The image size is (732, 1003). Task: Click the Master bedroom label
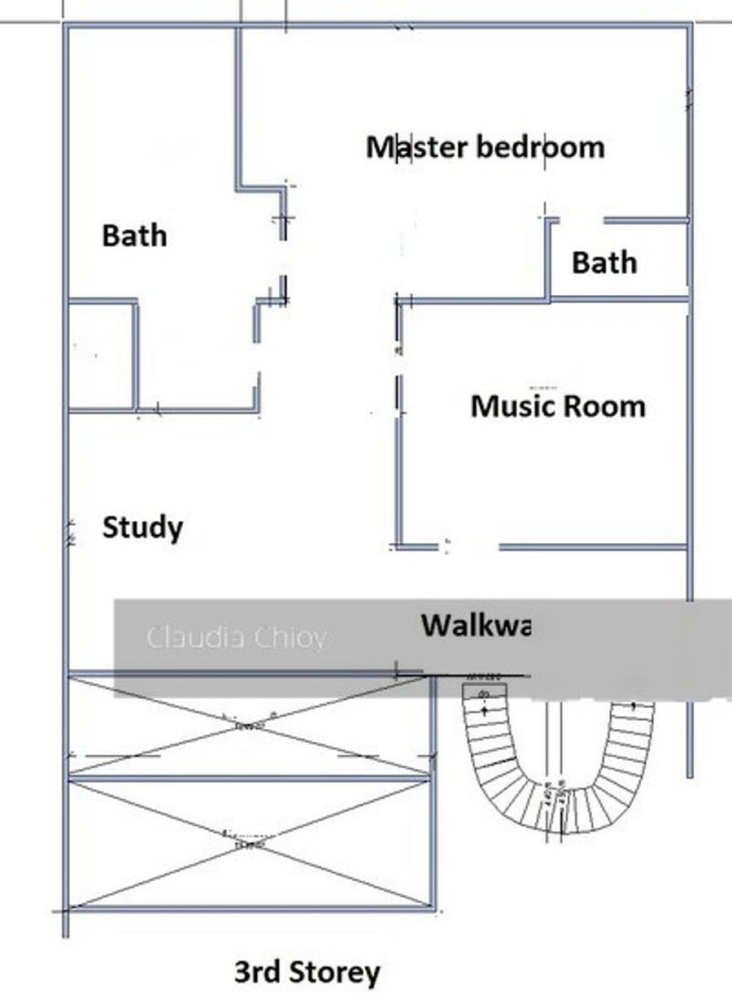[x=485, y=148]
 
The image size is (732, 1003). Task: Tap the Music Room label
[x=558, y=406]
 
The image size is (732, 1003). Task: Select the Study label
[x=142, y=528]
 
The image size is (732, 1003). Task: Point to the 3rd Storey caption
[x=307, y=972]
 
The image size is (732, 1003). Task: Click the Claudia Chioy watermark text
[x=236, y=637]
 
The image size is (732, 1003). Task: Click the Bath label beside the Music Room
[x=603, y=263]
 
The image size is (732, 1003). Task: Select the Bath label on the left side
[x=134, y=236]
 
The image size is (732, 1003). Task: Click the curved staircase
[x=558, y=764]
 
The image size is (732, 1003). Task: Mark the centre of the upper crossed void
[x=249, y=724]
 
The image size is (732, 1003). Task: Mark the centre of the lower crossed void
[x=249, y=844]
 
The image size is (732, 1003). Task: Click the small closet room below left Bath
[x=101, y=355]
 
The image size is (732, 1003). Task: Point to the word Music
[x=510, y=406]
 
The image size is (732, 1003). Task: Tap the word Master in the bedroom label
[x=416, y=148]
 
